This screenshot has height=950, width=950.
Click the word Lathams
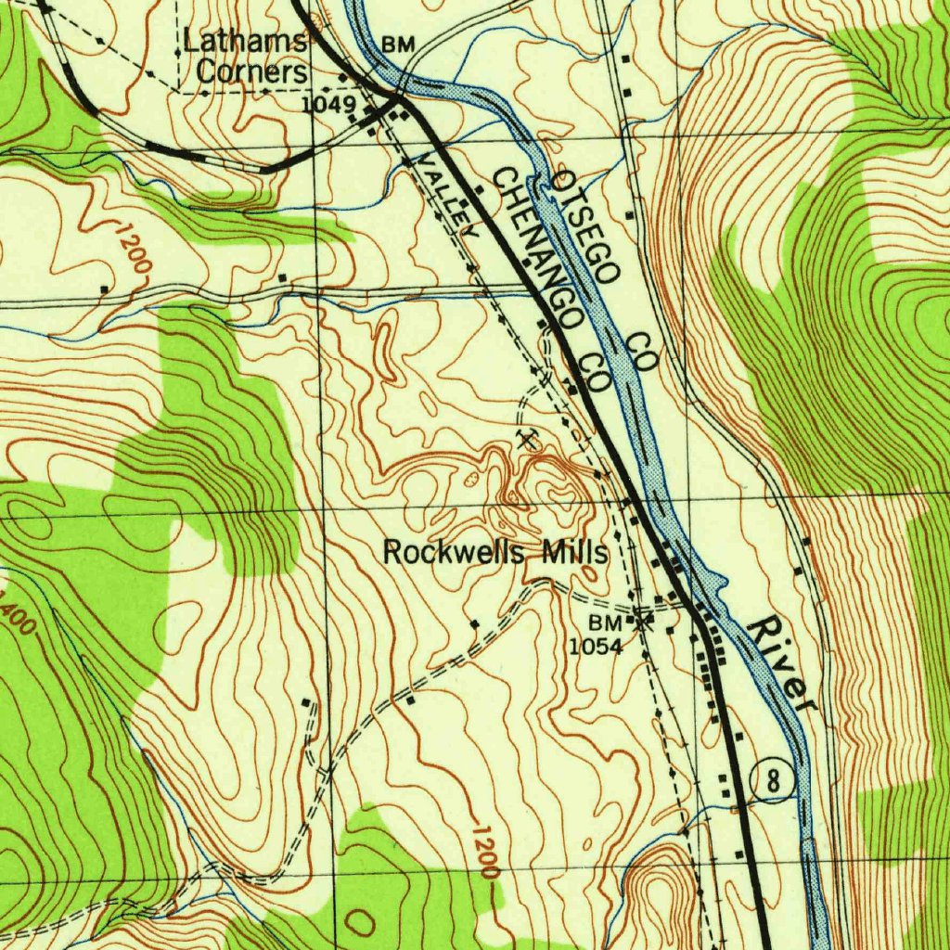[x=244, y=42]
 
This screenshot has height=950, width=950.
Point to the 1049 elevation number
[x=328, y=105]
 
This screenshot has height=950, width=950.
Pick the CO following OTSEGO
[x=640, y=352]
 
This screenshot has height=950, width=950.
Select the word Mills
[x=575, y=554]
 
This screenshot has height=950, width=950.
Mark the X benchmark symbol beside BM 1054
[x=641, y=622]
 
